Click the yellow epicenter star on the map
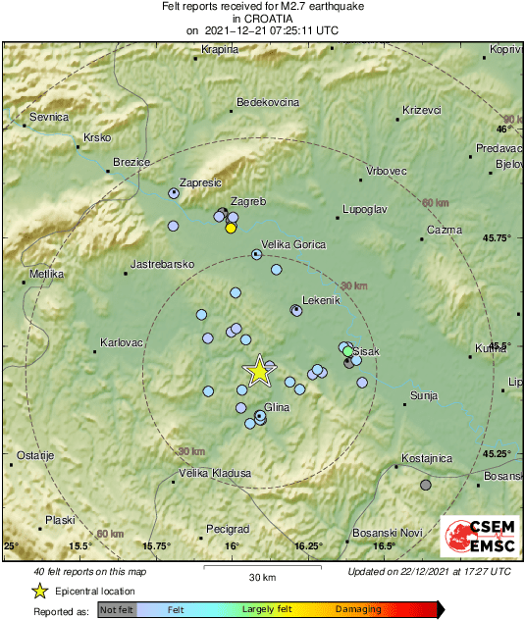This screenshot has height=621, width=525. coord(259,370)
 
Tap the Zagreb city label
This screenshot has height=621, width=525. coord(249,201)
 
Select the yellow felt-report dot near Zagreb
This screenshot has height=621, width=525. coord(231,228)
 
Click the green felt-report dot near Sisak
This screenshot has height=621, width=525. coord(347,350)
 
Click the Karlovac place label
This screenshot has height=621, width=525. coord(122,343)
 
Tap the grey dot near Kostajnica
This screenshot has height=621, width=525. coord(425,485)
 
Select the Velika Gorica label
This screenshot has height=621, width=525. coord(292,245)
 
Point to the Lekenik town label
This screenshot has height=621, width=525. coord(320,300)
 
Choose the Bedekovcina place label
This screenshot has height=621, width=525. coord(269,102)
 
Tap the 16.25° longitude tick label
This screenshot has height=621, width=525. coord(308,545)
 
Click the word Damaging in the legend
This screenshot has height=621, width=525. coord(358,609)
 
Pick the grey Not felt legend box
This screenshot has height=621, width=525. coord(117,609)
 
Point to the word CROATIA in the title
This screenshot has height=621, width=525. coord(262,18)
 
